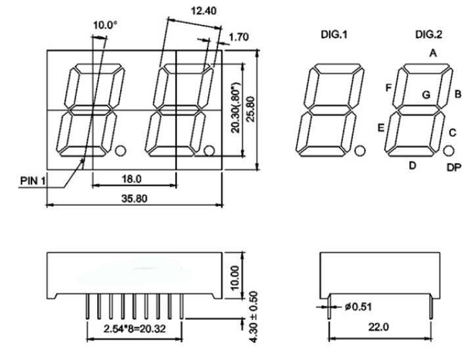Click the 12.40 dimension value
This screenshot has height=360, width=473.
(x=204, y=11)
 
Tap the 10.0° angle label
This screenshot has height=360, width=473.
(x=105, y=25)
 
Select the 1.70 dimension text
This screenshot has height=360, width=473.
(x=239, y=37)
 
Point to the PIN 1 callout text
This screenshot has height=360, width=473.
(x=33, y=181)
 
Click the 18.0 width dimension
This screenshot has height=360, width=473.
(x=131, y=179)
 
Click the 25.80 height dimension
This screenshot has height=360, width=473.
(x=251, y=109)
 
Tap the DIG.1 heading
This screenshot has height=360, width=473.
(x=334, y=35)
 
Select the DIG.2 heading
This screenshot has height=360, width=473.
(x=428, y=35)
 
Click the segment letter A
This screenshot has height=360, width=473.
(x=433, y=53)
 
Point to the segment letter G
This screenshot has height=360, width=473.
(x=426, y=95)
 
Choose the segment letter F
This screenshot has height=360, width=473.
(x=388, y=88)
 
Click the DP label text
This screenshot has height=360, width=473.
(x=454, y=168)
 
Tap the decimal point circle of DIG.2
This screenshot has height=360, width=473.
(x=449, y=150)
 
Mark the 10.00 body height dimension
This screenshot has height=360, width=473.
(x=235, y=278)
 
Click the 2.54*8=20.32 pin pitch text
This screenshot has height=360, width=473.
(x=135, y=328)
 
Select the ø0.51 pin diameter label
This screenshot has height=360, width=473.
(x=358, y=307)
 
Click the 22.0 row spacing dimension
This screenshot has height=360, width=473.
(x=378, y=326)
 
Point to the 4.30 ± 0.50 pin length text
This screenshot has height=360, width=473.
(x=254, y=317)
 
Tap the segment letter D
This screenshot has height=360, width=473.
(x=413, y=166)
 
